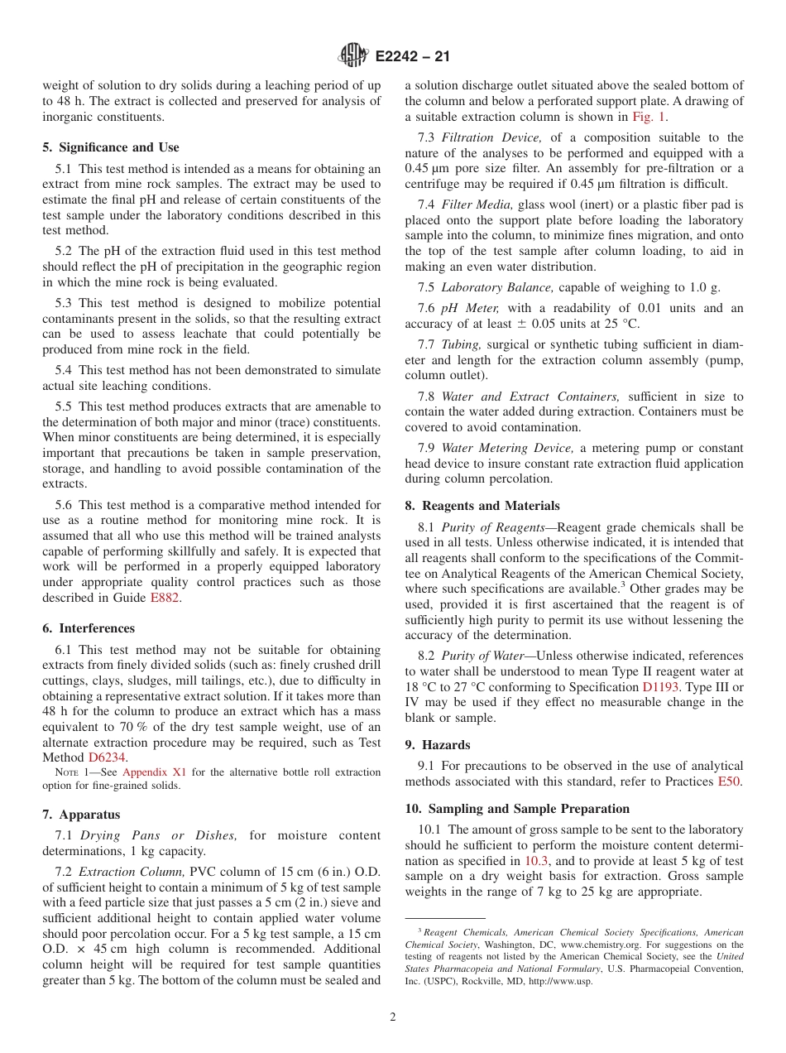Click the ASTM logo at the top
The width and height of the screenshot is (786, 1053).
(353, 56)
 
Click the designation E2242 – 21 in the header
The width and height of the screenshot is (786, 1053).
(412, 57)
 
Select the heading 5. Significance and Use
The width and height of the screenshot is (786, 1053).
(110, 147)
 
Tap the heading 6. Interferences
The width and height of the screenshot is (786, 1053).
(89, 628)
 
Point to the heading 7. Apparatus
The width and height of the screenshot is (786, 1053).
(81, 815)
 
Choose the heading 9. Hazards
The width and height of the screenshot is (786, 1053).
(438, 744)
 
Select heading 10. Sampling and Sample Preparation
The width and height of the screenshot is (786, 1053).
(517, 808)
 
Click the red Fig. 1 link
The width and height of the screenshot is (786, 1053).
(649, 117)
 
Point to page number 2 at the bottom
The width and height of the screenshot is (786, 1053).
(393, 1017)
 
